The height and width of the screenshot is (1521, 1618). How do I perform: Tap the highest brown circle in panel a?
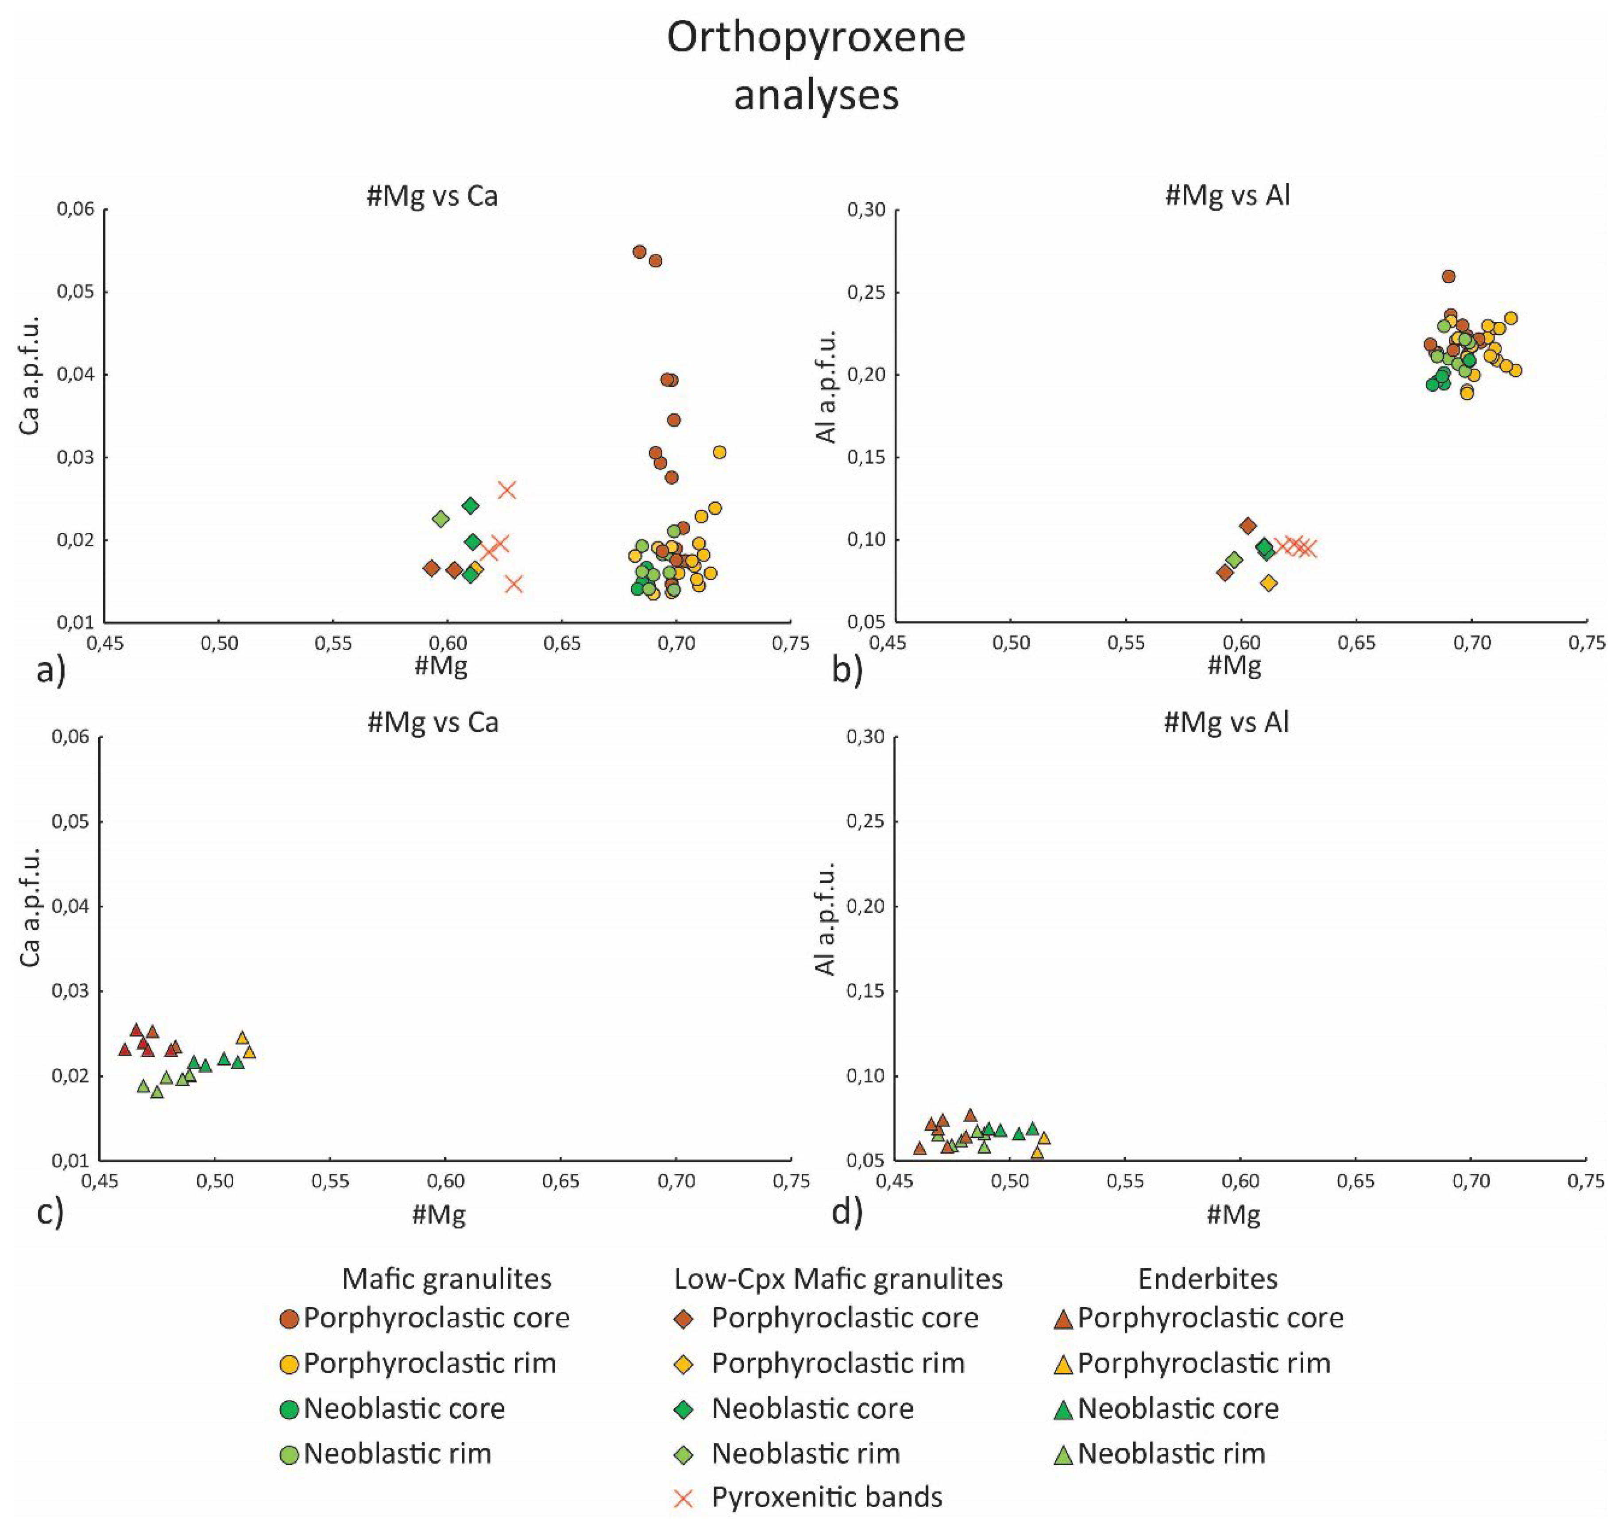[640, 251]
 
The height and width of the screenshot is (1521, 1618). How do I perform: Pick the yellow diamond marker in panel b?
[1269, 583]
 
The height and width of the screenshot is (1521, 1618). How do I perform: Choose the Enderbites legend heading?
[1207, 1279]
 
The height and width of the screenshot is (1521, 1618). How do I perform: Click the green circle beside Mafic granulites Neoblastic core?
[289, 1409]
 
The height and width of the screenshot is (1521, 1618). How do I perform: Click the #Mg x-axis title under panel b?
[1234, 666]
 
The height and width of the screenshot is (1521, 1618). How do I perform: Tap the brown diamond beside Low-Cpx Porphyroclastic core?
[684, 1318]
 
